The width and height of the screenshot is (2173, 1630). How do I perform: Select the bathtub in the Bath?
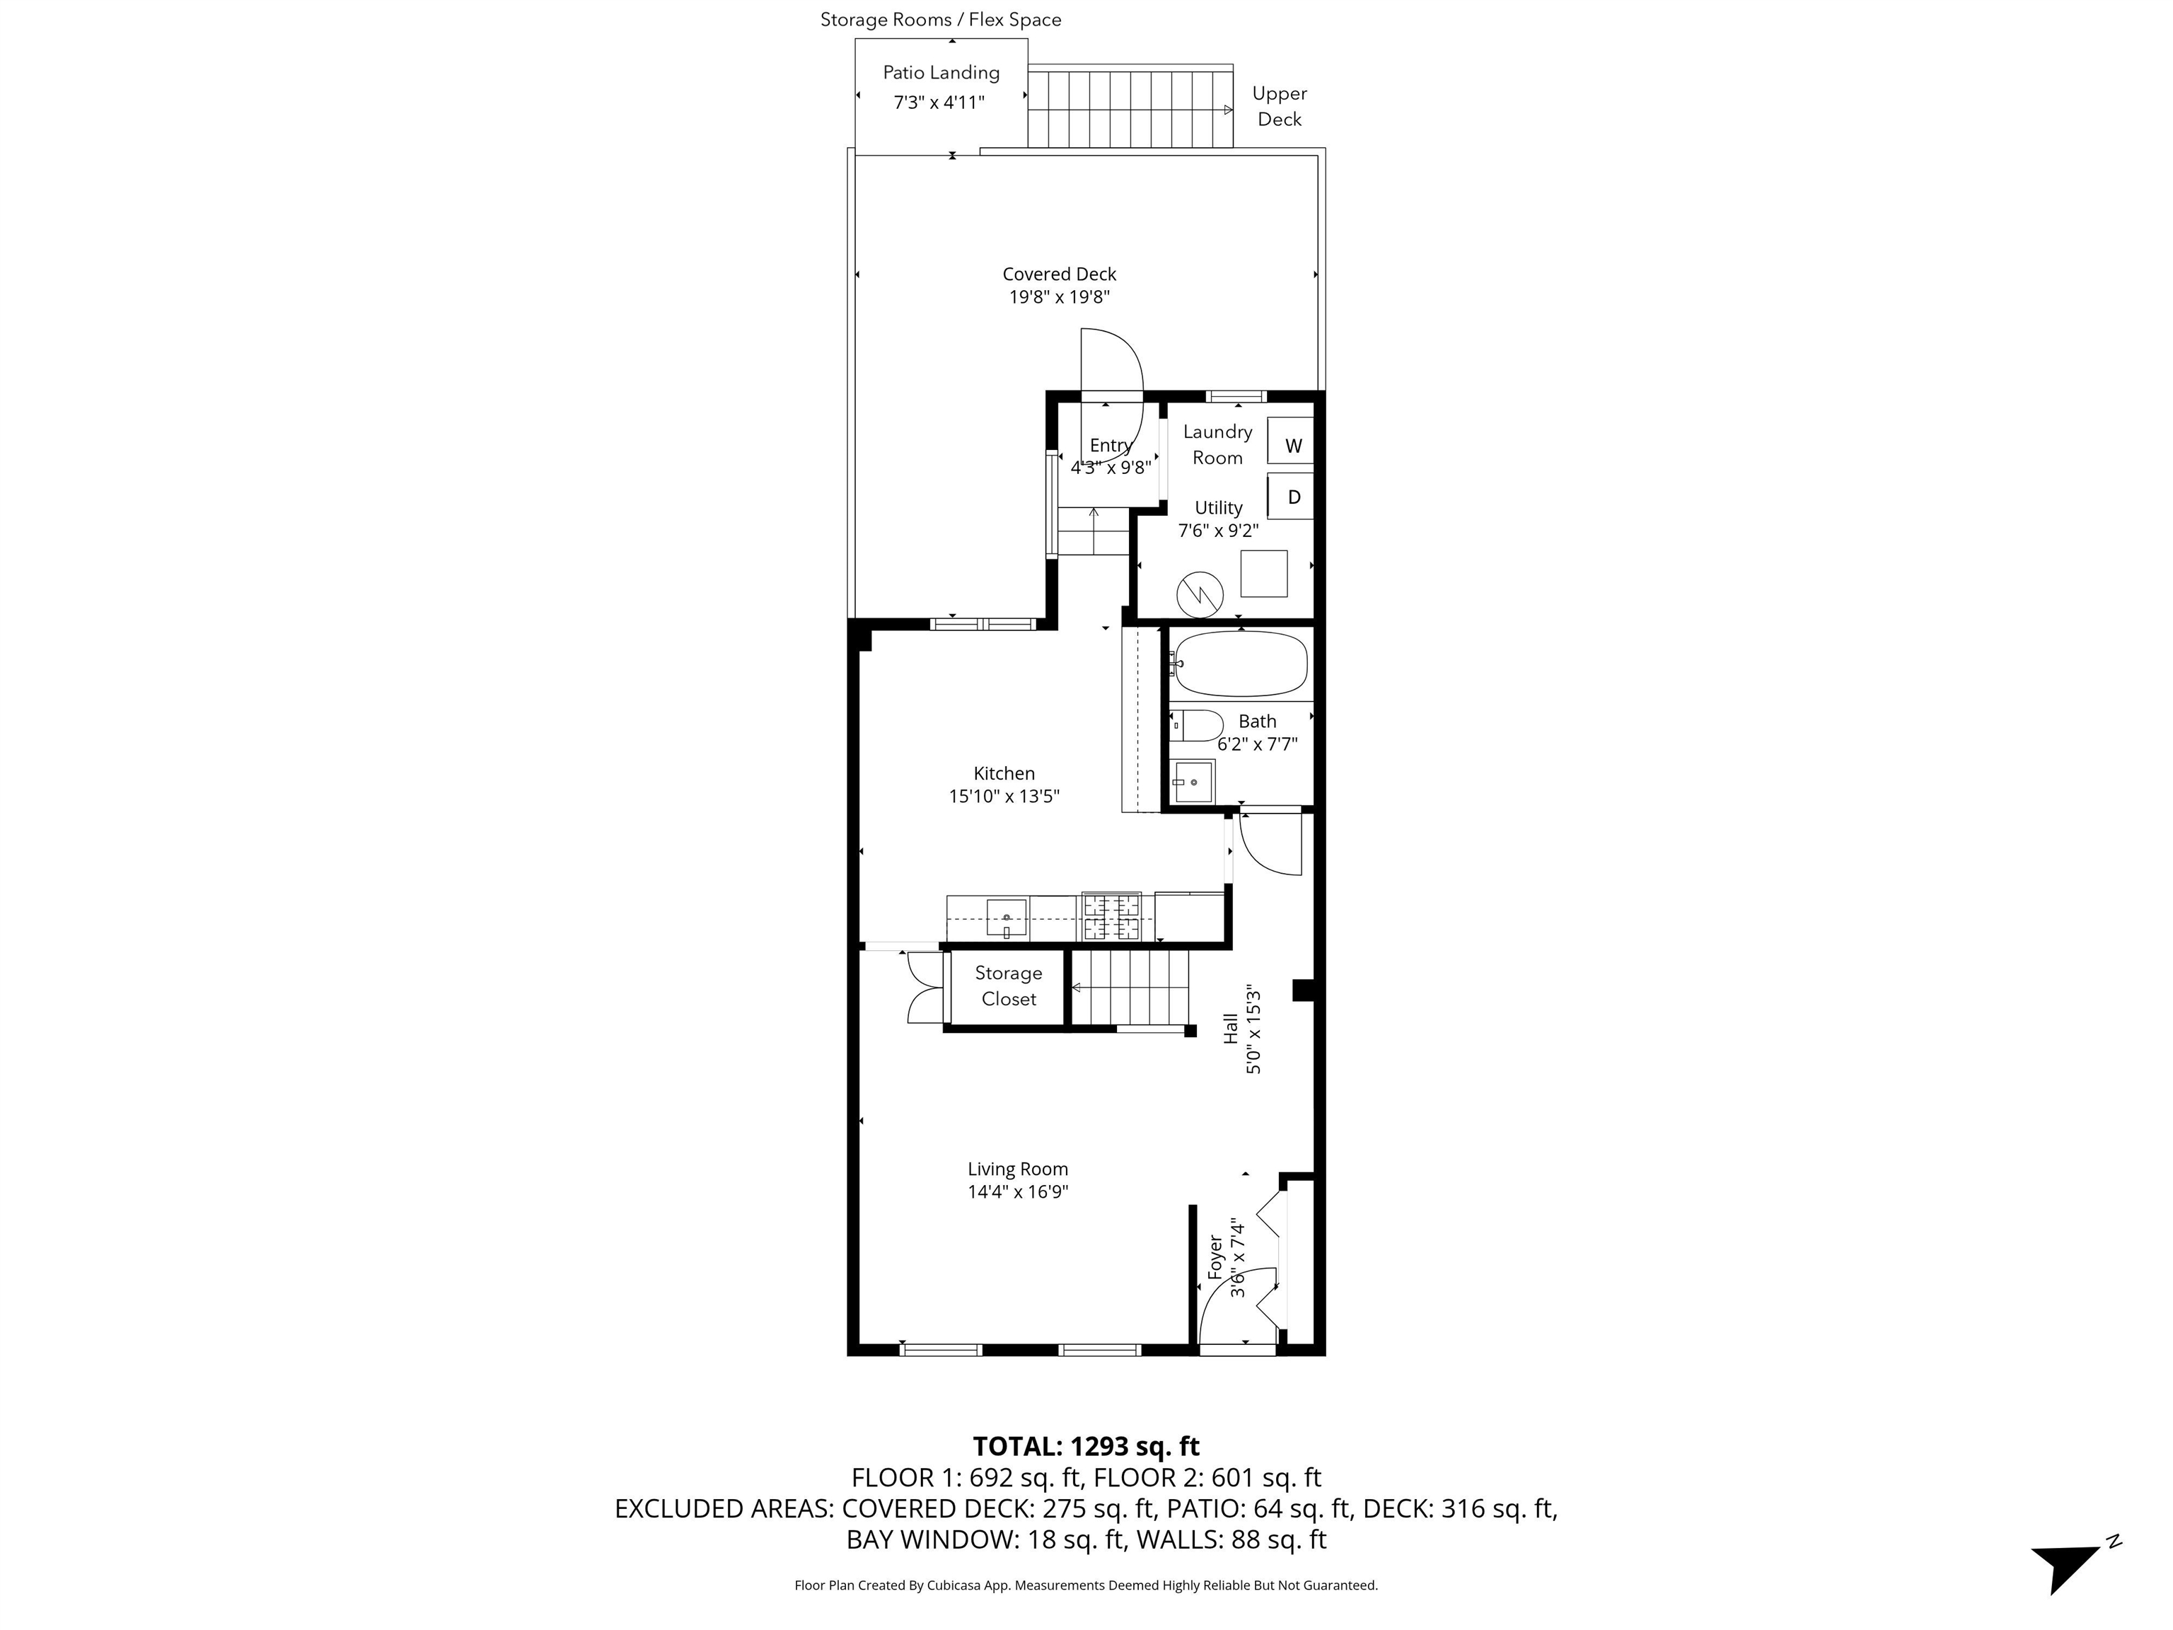pos(1241,663)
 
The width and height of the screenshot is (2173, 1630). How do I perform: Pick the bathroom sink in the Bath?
pos(1193,781)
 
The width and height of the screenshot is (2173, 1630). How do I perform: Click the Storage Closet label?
pos(1008,985)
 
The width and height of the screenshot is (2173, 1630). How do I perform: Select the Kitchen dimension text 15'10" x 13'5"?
pos(1003,796)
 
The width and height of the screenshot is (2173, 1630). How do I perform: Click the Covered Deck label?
pos(1059,274)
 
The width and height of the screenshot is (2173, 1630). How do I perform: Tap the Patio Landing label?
pos(940,73)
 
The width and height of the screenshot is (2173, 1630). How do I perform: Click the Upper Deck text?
pos(1279,106)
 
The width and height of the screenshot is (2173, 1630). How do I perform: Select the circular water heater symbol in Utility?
pos(1200,592)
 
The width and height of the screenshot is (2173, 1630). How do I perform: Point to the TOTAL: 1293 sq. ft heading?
pos(1086,1446)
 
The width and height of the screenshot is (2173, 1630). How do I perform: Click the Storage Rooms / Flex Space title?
pos(940,20)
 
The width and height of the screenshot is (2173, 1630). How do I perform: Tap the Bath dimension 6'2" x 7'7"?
pos(1256,744)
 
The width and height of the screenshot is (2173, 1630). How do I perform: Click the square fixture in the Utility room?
pos(1263,574)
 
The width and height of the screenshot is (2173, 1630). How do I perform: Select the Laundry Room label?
pos(1217,444)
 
